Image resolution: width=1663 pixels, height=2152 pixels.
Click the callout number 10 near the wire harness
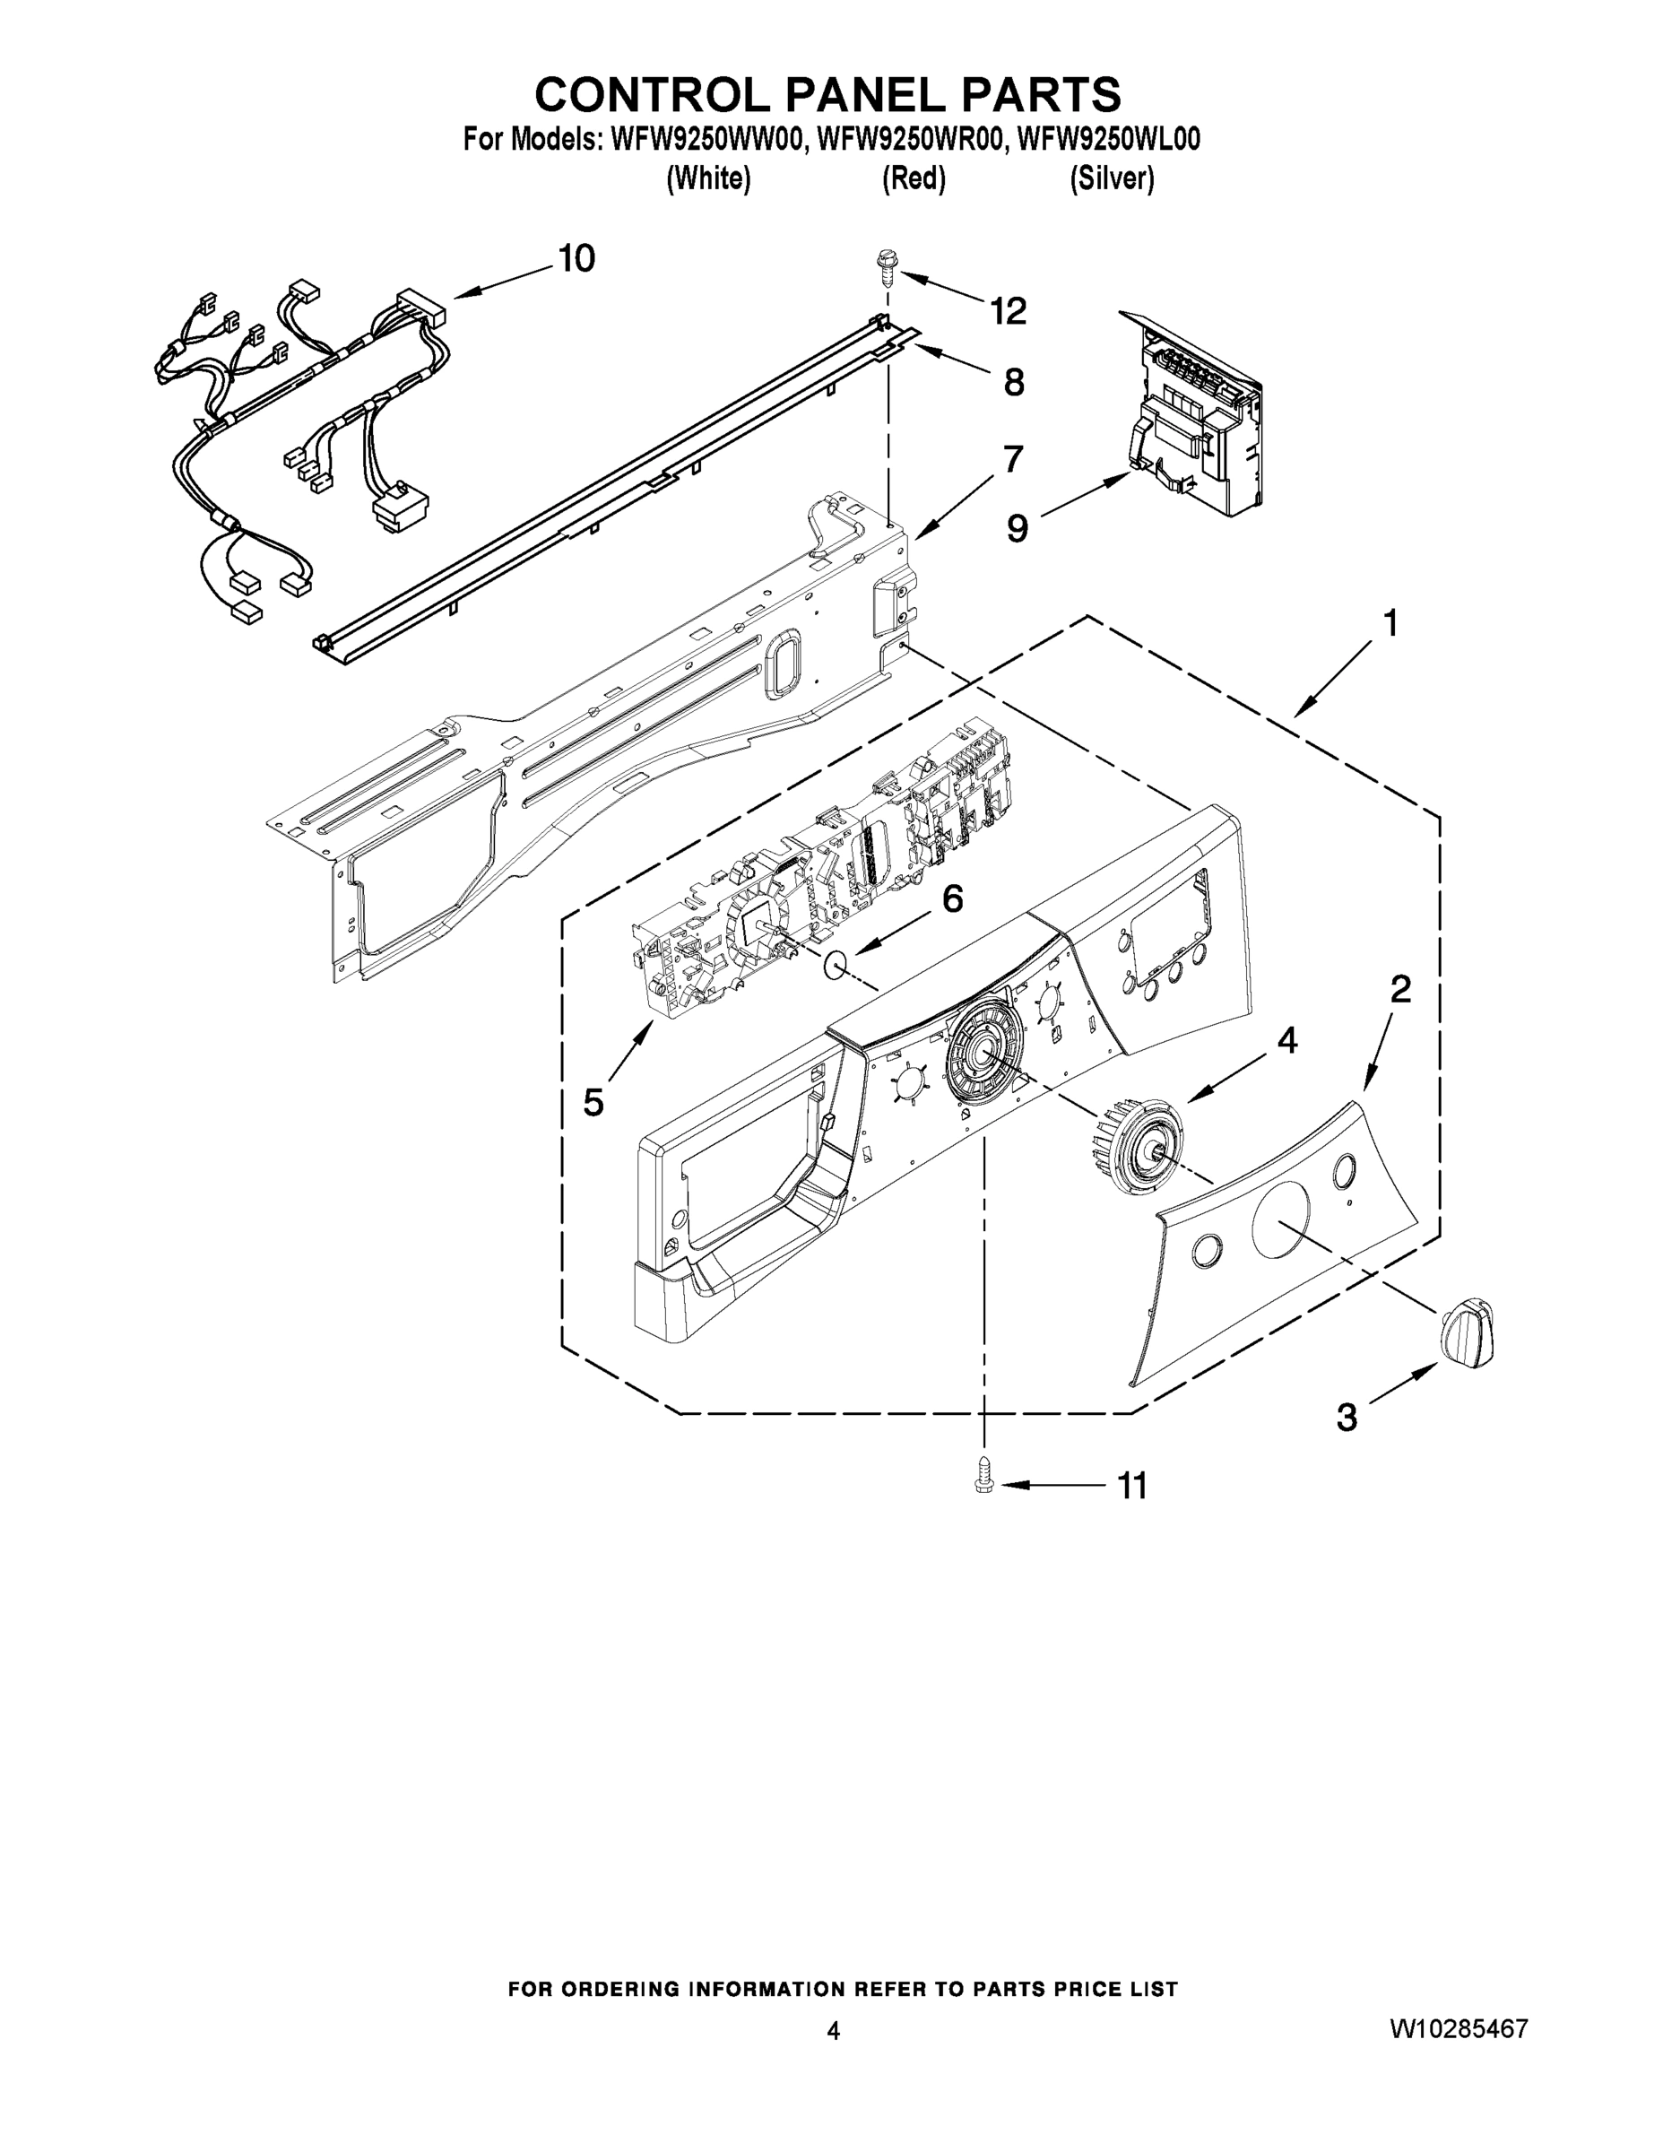coord(576,259)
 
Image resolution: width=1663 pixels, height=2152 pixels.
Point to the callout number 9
coord(1017,529)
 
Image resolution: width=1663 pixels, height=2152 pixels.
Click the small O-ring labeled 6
coord(836,966)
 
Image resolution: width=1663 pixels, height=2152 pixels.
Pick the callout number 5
coord(593,1102)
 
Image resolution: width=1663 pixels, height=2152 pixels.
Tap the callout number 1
coord(1390,624)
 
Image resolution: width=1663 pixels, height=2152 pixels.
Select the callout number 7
coord(1013,459)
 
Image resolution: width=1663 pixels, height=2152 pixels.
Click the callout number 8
coord(1014,382)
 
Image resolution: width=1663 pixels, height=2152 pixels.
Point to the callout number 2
coord(1400,989)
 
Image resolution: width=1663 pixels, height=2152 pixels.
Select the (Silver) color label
coord(1113,178)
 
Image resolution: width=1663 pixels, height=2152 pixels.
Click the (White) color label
coord(708,178)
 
